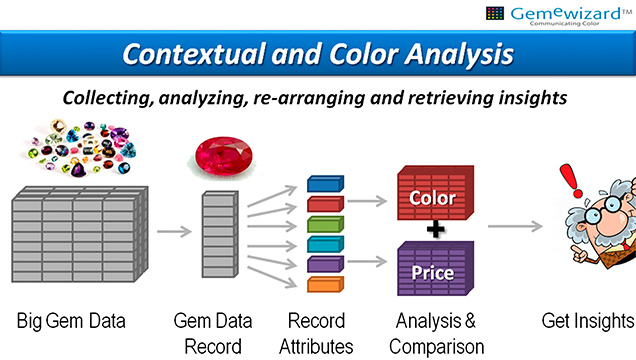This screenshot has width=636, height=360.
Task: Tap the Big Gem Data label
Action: click(x=72, y=321)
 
